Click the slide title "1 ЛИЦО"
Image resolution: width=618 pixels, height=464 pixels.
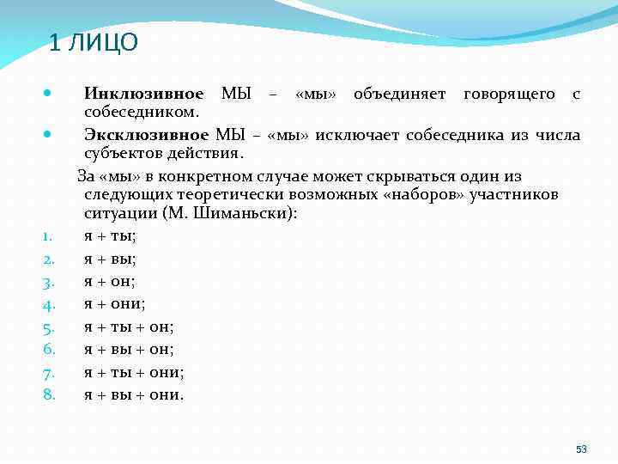click(94, 43)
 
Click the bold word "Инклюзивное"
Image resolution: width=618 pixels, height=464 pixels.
click(143, 94)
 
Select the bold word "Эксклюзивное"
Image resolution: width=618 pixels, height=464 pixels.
click(146, 135)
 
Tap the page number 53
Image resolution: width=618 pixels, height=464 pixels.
click(581, 449)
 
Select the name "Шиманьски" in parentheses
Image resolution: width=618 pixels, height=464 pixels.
click(248, 213)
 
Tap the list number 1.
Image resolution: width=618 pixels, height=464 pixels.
click(49, 235)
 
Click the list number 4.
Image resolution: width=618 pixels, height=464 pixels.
click(49, 304)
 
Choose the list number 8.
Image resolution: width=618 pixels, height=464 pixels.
click(49, 394)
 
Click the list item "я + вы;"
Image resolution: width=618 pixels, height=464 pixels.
click(110, 258)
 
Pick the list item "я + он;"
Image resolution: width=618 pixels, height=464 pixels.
click(110, 280)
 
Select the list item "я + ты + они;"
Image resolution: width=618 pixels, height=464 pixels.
click(134, 372)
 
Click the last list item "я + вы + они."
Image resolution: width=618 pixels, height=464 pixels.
click(134, 395)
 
